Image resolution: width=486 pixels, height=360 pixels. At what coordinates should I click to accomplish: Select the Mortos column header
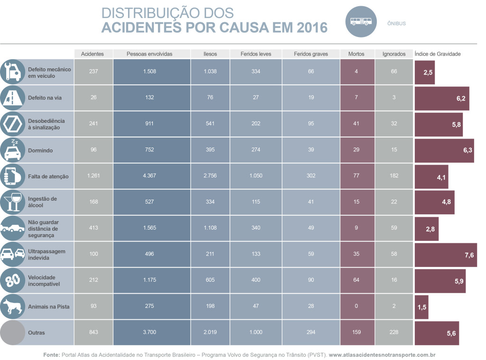[x=356, y=54]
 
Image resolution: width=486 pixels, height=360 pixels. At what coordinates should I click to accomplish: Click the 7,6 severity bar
[x=446, y=255]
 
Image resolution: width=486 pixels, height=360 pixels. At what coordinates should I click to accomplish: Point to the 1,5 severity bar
[x=421, y=307]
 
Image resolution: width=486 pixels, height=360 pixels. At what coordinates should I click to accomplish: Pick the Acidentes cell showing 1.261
[x=94, y=176]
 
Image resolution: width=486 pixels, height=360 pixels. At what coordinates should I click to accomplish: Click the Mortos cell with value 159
[x=356, y=332]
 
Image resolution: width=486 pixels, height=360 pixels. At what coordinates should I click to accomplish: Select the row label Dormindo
[x=40, y=150]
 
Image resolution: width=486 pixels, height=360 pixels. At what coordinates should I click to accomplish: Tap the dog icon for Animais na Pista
[x=12, y=306]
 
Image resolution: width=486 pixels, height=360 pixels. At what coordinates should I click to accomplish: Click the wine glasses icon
[x=12, y=202]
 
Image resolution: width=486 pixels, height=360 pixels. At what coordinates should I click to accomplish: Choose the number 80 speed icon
[x=12, y=280]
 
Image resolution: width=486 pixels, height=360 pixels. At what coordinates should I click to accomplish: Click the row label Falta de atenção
[x=48, y=176]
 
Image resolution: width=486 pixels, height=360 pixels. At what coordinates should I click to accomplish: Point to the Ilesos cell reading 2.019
[x=210, y=332]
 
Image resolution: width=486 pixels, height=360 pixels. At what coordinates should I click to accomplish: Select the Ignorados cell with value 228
[x=394, y=332]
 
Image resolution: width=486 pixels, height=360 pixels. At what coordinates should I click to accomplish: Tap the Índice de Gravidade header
[x=438, y=54]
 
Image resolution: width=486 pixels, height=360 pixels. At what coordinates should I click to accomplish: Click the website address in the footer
[x=382, y=354]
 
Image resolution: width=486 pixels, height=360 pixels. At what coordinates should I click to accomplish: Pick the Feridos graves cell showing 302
[x=311, y=176]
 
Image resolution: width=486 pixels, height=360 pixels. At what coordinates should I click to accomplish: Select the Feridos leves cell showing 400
[x=256, y=280]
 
